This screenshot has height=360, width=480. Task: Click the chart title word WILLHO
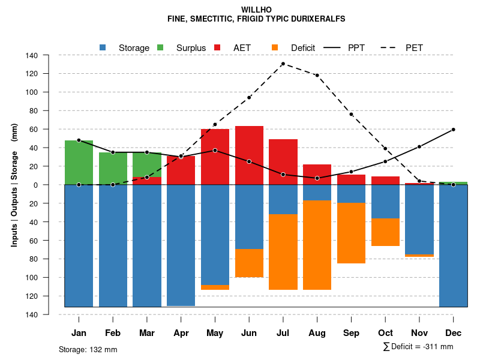[x=256, y=10]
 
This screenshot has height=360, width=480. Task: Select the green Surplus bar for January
[x=79, y=163]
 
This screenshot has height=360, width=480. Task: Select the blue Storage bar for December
[x=453, y=246]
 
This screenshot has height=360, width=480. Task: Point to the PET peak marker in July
[x=283, y=64]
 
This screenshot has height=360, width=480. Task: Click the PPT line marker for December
[x=453, y=130]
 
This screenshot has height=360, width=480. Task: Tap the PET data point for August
[x=317, y=75]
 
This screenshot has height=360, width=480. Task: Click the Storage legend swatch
[x=103, y=47]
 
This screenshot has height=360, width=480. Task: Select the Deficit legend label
[x=303, y=48]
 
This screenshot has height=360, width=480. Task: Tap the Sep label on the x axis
[x=351, y=333]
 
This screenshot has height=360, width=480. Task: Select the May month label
[x=215, y=333]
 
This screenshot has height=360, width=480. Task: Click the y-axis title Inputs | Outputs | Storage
[x=14, y=185]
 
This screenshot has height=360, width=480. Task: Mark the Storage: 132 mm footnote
[x=88, y=349]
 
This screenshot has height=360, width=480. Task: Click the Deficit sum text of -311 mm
[x=418, y=347]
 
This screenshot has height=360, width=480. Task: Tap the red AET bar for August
[x=317, y=174]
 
